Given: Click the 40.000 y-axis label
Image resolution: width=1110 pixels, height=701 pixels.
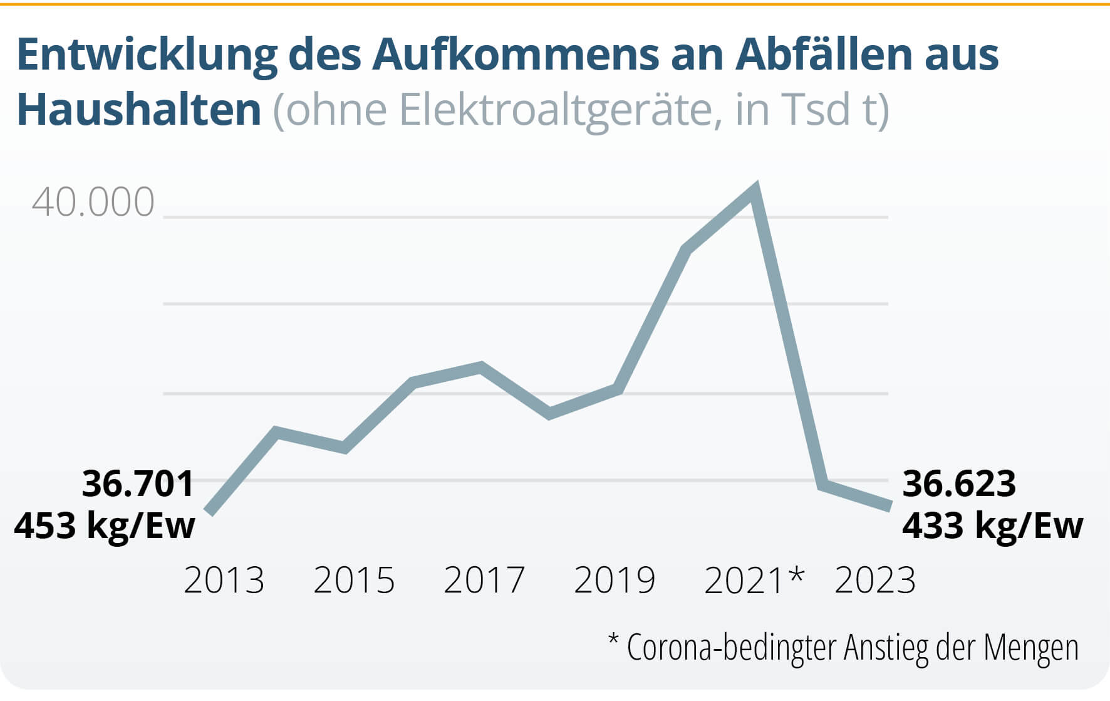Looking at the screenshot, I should (x=93, y=202).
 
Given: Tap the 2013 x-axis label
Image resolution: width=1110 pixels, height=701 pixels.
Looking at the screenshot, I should (x=224, y=580).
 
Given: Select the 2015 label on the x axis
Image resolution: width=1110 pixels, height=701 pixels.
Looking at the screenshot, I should (x=354, y=580).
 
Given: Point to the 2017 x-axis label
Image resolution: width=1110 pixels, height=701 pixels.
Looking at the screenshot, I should (x=484, y=580).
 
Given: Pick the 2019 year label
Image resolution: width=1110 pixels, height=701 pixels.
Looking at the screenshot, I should (x=615, y=580).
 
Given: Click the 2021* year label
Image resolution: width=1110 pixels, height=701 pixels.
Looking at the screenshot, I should (x=754, y=580).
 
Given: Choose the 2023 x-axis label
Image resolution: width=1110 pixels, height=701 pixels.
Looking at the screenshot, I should (x=875, y=580).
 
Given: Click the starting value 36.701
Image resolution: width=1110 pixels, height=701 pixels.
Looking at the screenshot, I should (x=138, y=483).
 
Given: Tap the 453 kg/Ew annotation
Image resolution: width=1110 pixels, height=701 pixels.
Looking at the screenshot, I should (x=105, y=525).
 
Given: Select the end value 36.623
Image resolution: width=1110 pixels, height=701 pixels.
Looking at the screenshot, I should (x=959, y=483).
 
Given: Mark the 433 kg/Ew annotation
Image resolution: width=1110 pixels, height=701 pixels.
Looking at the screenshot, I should (x=993, y=525).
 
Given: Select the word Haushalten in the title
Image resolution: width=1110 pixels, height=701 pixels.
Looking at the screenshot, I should (x=138, y=110).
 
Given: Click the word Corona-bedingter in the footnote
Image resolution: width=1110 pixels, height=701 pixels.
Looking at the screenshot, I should (x=733, y=648).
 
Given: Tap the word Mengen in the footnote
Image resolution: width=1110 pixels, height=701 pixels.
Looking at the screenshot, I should (x=1031, y=648).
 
